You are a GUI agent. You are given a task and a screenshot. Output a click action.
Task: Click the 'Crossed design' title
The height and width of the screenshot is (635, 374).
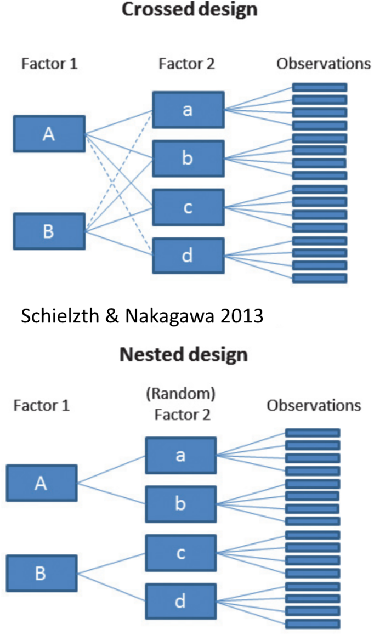pos(190,9)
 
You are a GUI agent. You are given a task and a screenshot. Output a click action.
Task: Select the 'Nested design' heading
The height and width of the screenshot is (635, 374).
pos(184,354)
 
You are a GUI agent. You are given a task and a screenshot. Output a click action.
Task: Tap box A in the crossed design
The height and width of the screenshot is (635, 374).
pos(49,134)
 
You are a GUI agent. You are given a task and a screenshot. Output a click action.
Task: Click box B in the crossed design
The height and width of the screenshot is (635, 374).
pos(49,231)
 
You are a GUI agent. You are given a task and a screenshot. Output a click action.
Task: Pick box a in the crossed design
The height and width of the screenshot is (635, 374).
pos(189,110)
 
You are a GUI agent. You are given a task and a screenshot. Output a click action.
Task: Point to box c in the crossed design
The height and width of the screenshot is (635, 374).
pos(189,207)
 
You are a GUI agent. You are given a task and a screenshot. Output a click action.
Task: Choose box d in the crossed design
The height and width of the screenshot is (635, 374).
pos(189,256)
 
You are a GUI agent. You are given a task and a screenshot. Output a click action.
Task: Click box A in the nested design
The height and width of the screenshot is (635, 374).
pos(41,483)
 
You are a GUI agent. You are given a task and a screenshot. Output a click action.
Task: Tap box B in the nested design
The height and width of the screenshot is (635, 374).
pos(41,573)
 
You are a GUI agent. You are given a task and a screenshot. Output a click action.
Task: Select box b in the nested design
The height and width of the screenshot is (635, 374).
pos(181,504)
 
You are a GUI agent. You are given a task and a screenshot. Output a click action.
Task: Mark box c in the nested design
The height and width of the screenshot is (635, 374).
pos(181,553)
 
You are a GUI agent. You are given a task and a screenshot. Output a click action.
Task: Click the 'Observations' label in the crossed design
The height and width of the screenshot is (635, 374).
pos(324,64)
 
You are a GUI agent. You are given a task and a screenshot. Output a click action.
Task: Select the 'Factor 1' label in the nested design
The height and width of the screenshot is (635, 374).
pos(41,405)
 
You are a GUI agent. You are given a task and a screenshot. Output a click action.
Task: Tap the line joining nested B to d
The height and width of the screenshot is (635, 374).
pos(111,587)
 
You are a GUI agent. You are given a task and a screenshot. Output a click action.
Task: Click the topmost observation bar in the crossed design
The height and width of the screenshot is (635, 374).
pos(320,88)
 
